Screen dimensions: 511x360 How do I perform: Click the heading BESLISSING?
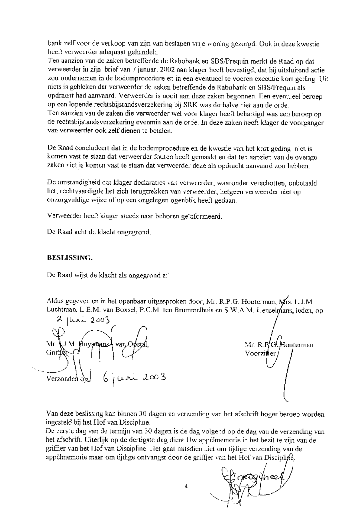coord(70,258)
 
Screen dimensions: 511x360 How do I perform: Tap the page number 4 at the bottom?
coord(186,486)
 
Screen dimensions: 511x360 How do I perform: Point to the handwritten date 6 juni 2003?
coord(134,378)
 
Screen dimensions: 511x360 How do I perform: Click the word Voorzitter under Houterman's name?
coord(260,353)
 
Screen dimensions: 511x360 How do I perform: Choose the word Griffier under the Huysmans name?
coord(56,353)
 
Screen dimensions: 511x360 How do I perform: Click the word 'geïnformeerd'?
coord(200,216)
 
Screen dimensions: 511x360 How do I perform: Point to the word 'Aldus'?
coord(55,301)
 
